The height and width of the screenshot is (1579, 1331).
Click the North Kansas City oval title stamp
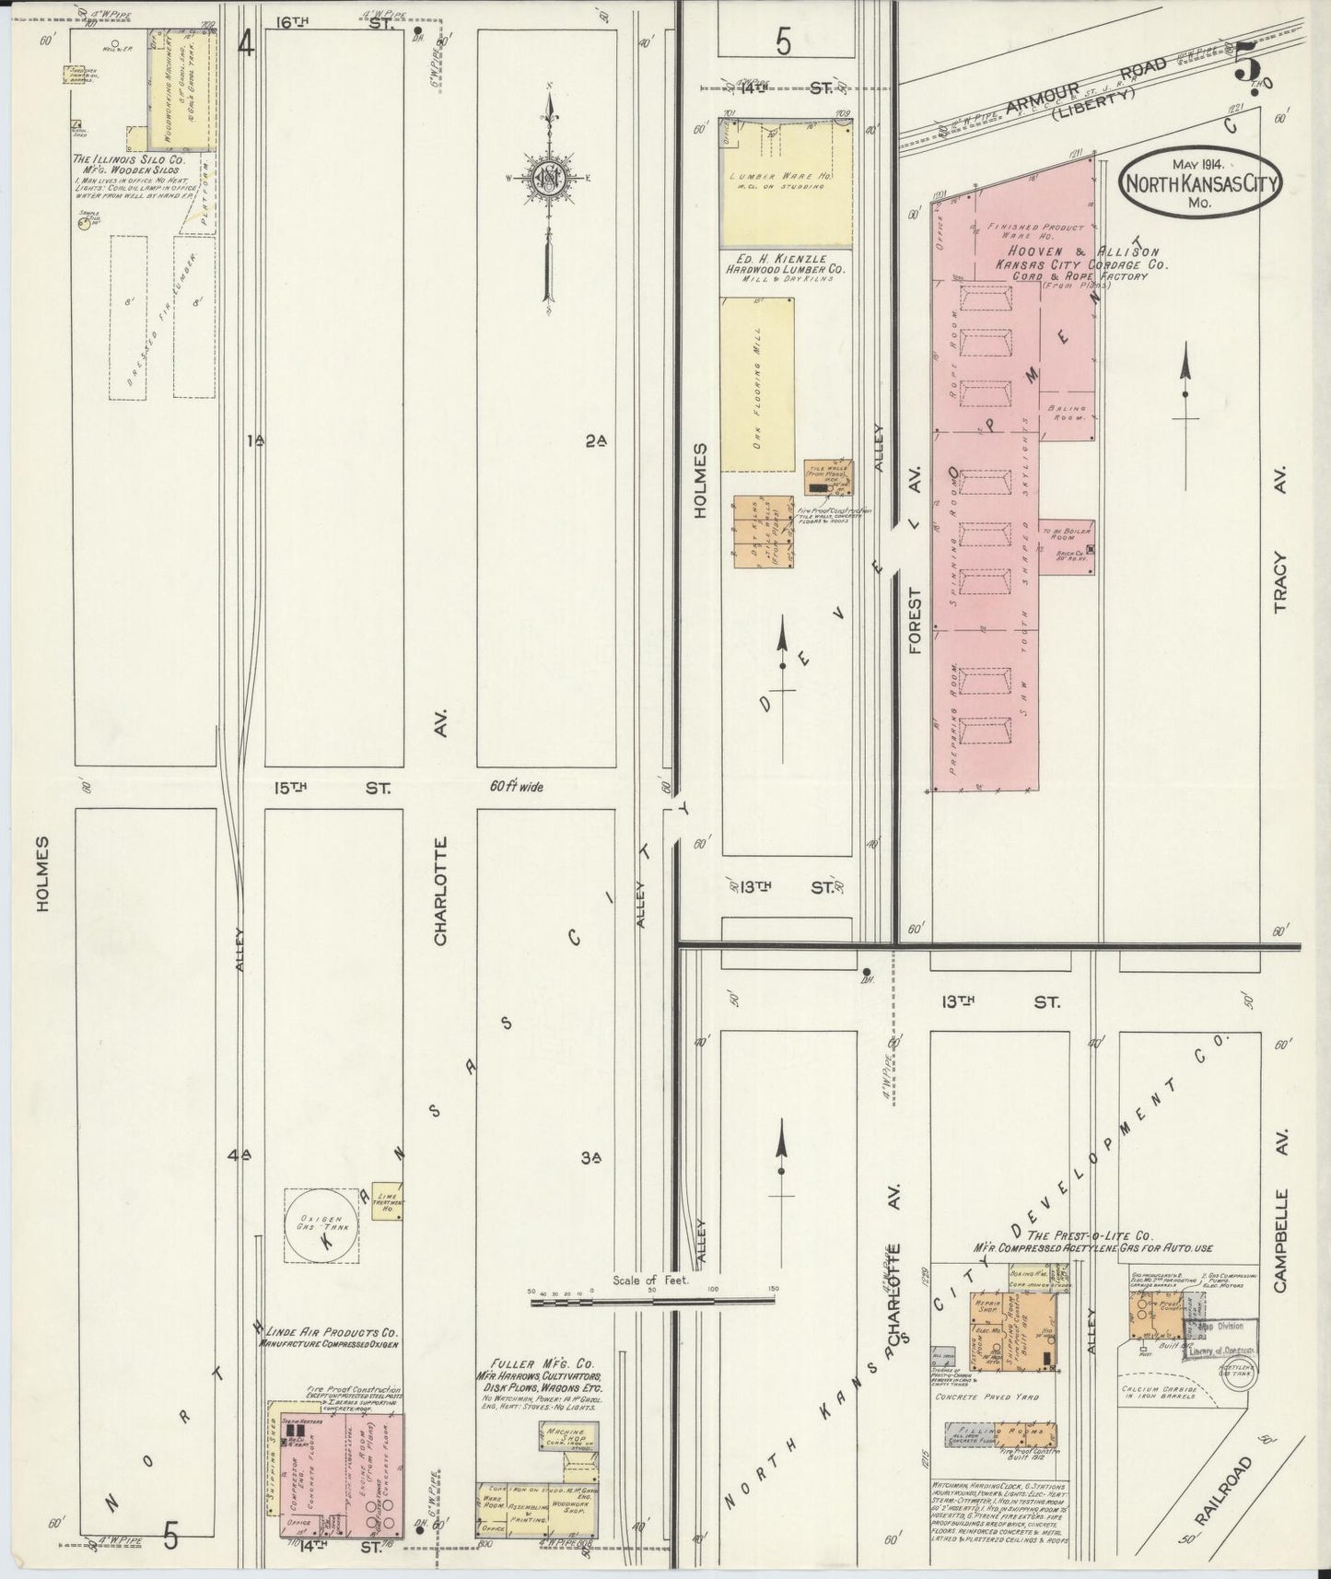click(x=1200, y=182)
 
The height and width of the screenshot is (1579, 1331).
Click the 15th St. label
click(x=333, y=789)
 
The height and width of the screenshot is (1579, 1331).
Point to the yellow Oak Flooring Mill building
click(x=756, y=384)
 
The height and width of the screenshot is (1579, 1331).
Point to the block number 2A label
click(x=596, y=441)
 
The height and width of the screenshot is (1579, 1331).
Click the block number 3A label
click(x=591, y=1157)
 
